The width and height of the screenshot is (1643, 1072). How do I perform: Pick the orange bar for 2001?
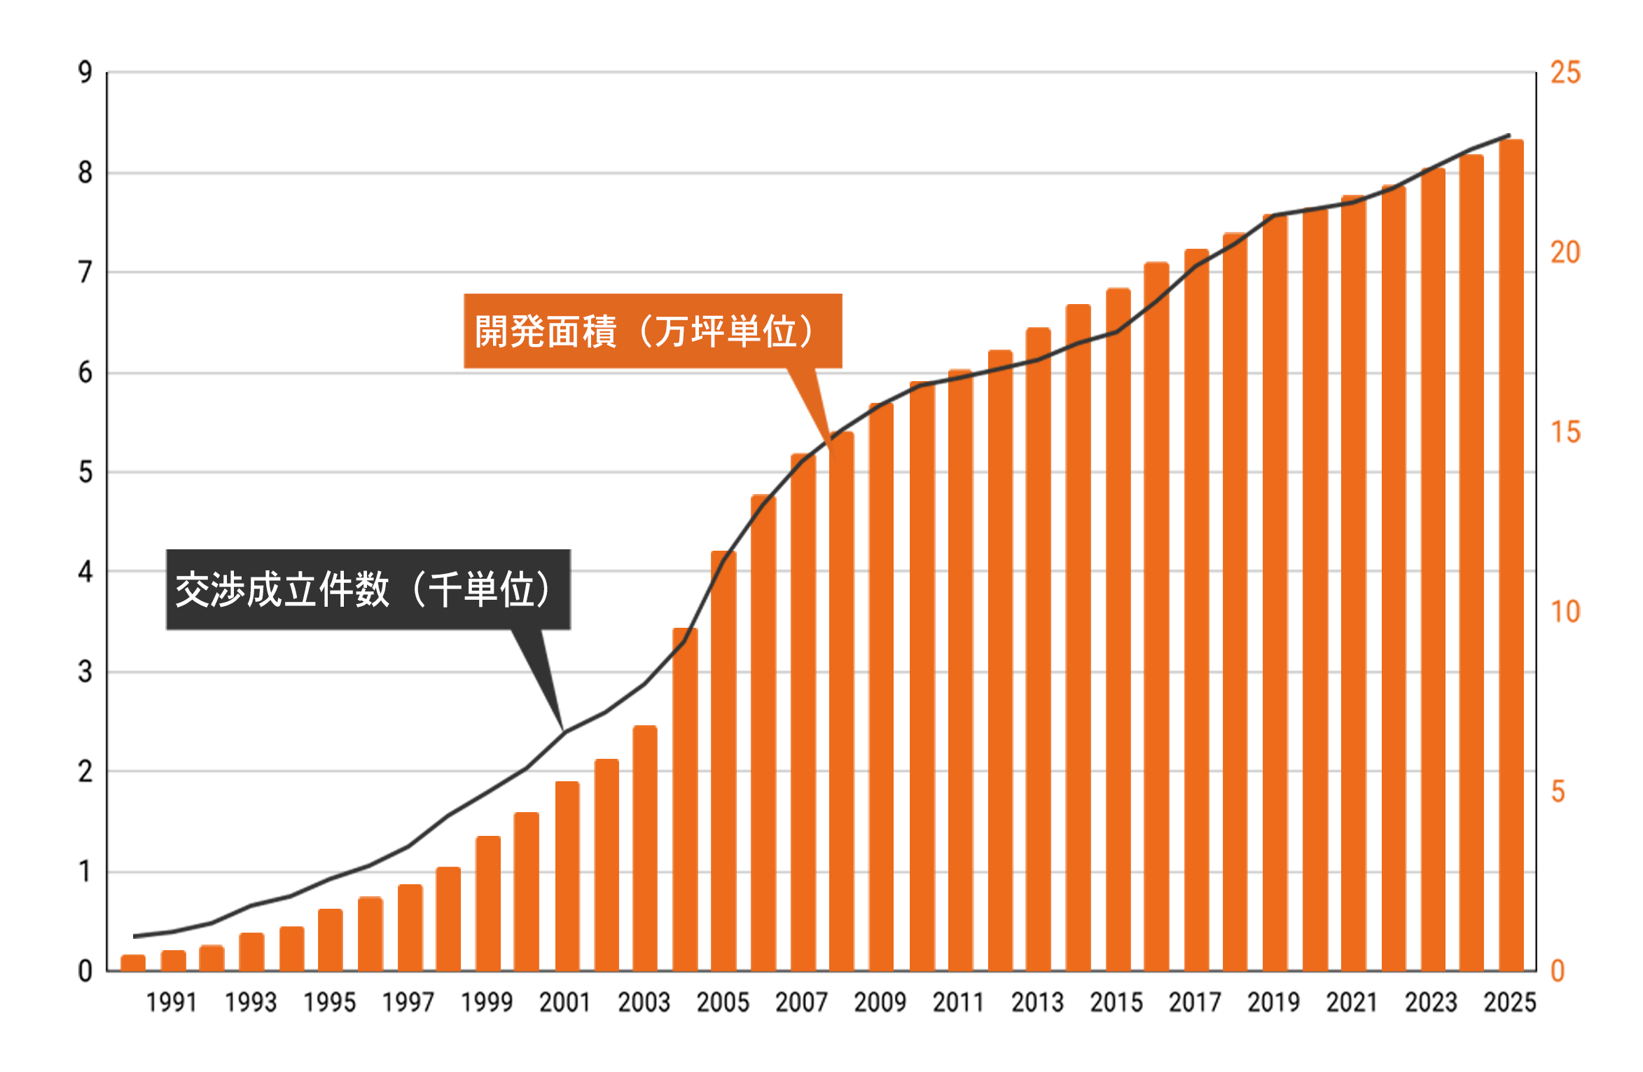[x=567, y=876]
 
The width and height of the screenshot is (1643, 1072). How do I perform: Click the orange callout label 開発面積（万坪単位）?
[x=652, y=331]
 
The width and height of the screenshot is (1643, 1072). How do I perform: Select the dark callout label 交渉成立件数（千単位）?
[x=368, y=589]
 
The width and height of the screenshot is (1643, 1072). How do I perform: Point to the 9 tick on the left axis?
[x=85, y=72]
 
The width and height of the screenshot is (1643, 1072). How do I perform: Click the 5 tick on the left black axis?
[x=85, y=472]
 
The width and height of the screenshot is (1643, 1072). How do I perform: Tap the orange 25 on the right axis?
[x=1565, y=73]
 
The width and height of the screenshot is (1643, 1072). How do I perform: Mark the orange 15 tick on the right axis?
[x=1565, y=432]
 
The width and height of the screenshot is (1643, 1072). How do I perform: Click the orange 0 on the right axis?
[x=1558, y=971]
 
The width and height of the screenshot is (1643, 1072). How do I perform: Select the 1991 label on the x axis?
[x=172, y=1003]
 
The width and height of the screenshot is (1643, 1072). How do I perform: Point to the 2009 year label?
[x=880, y=1003]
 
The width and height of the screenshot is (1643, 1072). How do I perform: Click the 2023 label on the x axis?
[x=1431, y=1003]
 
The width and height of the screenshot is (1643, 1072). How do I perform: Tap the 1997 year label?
[x=408, y=1003]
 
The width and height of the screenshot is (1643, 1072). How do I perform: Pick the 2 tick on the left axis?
[x=85, y=772]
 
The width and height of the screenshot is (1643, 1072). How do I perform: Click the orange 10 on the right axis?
[x=1565, y=612]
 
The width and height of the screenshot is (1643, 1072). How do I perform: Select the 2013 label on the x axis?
[x=1037, y=1003]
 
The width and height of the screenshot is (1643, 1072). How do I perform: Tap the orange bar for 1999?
[x=488, y=904]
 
